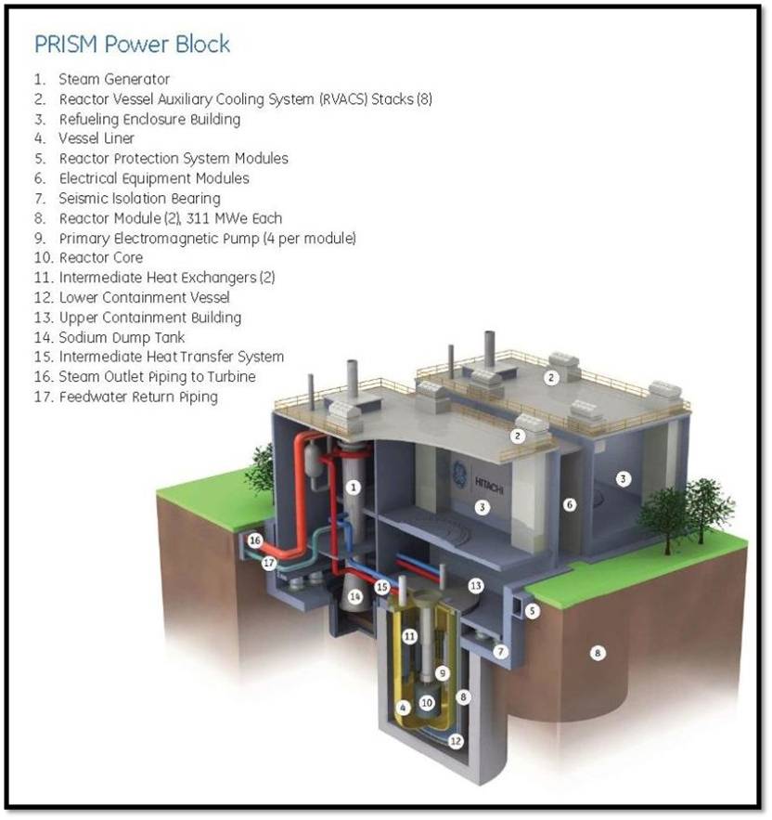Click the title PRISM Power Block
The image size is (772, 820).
pos(132,44)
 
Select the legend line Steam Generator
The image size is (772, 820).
pos(113,80)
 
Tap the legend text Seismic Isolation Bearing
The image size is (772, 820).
pos(139,198)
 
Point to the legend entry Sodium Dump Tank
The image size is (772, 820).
pos(122,337)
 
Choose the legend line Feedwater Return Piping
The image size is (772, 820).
pos(137,397)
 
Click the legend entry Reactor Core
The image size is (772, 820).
pos(101,257)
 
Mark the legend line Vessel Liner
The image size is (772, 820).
pos(96,138)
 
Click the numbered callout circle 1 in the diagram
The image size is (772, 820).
pos(352,486)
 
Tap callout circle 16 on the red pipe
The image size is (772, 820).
pos(255,541)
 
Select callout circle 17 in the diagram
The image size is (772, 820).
pos(268,562)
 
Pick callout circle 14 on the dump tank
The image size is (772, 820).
pos(354,595)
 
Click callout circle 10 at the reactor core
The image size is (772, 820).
pos(427,703)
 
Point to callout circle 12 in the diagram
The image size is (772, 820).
pos(456,741)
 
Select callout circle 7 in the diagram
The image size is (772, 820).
pos(500,651)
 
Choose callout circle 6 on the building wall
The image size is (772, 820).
pos(570,504)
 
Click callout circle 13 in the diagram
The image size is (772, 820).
pos(475,585)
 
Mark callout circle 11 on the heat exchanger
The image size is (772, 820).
pos(409,636)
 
